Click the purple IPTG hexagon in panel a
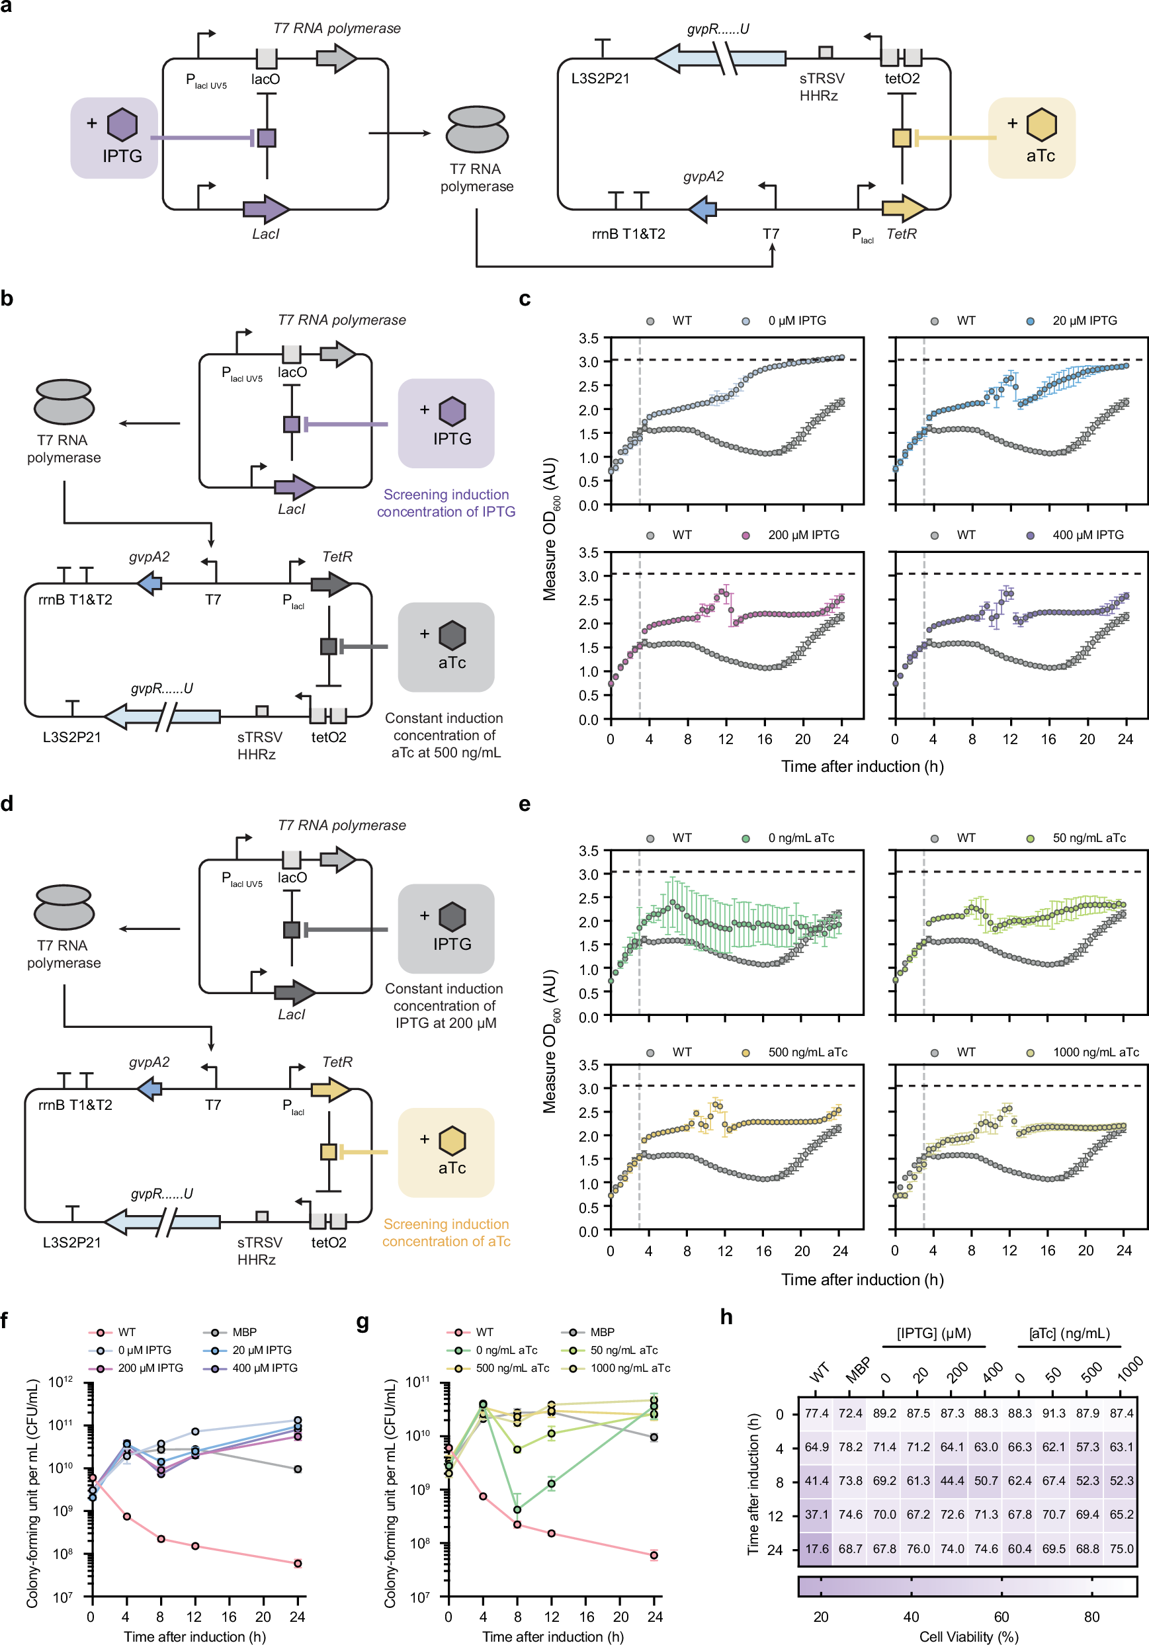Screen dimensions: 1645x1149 point(122,124)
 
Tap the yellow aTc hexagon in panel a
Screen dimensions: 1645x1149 point(1041,124)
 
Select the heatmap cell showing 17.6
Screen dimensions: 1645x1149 point(816,1548)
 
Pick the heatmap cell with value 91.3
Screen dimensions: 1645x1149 point(1053,1413)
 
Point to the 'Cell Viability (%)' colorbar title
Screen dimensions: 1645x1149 point(968,1636)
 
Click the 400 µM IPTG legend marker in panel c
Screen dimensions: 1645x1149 point(1030,535)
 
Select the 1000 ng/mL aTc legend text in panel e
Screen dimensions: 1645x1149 point(1095,1052)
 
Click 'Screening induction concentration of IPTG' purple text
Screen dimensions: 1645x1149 point(446,503)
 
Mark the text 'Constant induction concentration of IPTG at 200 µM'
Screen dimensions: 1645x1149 point(444,1006)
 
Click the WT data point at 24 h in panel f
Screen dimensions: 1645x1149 point(297,1564)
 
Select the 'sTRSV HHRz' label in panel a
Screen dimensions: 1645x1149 point(821,87)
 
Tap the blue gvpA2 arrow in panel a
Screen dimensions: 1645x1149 point(701,209)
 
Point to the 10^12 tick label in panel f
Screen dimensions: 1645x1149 point(60,1380)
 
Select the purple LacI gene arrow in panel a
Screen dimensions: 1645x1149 point(266,209)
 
